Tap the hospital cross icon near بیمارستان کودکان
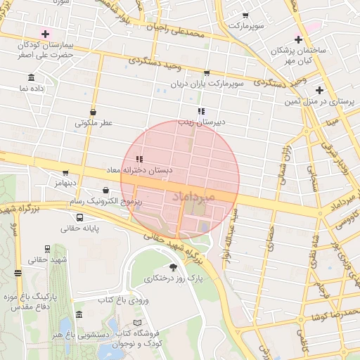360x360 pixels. [x=46, y=33]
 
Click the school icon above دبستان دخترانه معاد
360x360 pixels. [x=139, y=159]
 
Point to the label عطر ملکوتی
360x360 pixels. [x=94, y=123]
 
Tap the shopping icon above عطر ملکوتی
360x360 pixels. [x=94, y=111]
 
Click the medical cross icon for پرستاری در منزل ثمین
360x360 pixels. [x=320, y=90]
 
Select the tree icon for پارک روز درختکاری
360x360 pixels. [x=174, y=267]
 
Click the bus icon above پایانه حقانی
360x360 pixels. [x=79, y=217]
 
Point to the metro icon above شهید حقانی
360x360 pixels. [x=47, y=248]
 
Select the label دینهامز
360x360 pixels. [x=61, y=184]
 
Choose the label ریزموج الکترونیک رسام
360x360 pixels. [x=105, y=202]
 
